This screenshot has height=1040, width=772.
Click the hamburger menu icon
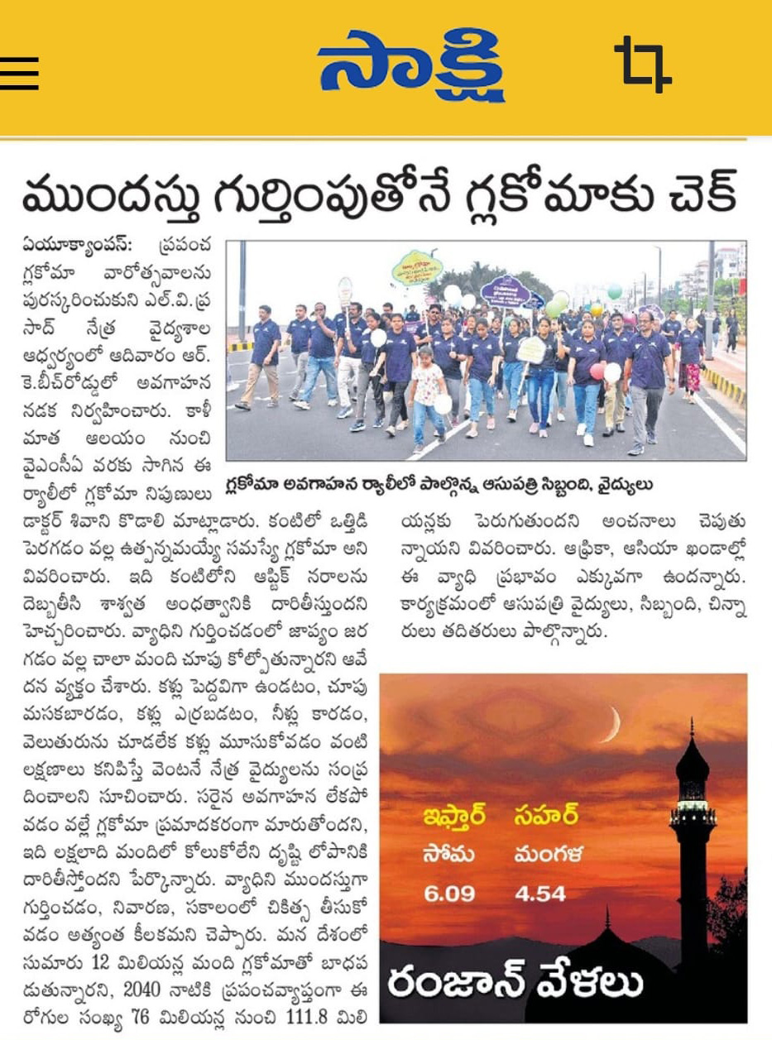19,72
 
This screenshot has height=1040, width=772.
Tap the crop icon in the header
642,65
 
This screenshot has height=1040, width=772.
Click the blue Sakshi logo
410,65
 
